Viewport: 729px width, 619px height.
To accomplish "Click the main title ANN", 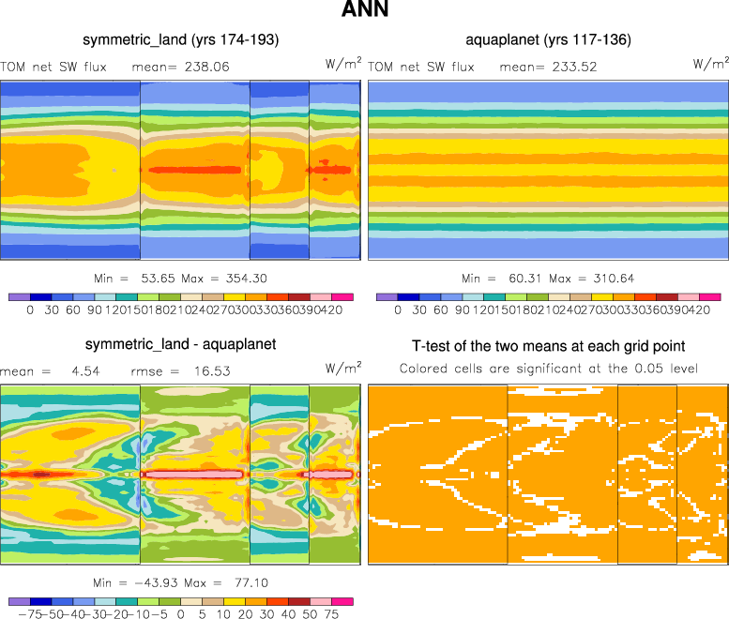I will (x=364, y=11).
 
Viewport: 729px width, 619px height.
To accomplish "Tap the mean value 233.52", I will (x=574, y=67).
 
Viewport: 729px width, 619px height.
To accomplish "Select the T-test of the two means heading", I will (x=549, y=346).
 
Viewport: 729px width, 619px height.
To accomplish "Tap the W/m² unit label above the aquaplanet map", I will (x=710, y=64).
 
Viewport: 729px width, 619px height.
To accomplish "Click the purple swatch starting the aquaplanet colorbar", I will (x=386, y=296).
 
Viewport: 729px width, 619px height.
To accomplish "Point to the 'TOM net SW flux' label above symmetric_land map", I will (x=53, y=67).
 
